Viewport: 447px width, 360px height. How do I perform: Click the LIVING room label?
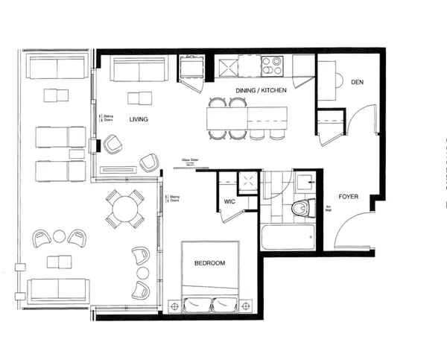pos(138,119)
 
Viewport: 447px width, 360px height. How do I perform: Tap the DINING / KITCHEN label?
pos(241,89)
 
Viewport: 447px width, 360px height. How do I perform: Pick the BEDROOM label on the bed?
pos(211,263)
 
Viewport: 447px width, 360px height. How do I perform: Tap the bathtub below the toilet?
pos(288,239)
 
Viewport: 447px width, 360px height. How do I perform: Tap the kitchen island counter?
pos(247,116)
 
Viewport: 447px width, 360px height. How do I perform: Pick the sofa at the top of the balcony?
pos(56,68)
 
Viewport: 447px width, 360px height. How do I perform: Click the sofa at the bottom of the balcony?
pos(56,290)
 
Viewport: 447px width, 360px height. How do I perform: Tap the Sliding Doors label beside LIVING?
pos(109,118)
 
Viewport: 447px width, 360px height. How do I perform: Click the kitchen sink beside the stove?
pos(244,66)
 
